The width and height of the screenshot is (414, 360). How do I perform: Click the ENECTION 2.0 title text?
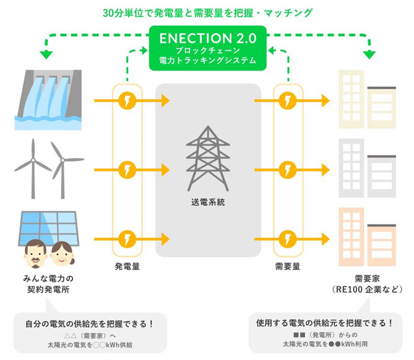tap(208, 39)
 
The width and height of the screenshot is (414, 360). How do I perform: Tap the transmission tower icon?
tap(208, 158)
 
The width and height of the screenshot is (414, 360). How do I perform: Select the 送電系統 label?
tap(208, 202)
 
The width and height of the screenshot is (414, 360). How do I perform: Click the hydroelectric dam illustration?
tap(48, 100)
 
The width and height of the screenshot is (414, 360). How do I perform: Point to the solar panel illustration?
tap(48, 227)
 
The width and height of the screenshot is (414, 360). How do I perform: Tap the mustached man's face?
tap(35, 253)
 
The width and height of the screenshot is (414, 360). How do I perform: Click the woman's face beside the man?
tap(62, 254)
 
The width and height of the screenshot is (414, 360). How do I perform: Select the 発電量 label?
tap(127, 266)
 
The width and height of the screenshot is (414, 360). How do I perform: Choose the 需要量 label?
tap(288, 266)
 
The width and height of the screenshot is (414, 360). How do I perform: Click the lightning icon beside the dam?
tap(127, 100)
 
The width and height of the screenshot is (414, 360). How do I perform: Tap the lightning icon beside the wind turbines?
tap(127, 170)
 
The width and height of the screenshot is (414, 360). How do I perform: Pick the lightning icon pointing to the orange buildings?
tap(288, 239)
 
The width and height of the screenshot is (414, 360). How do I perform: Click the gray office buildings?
tap(367, 168)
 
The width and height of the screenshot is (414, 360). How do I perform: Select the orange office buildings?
tap(367, 237)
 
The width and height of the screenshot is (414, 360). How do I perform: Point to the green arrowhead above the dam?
tap(47, 54)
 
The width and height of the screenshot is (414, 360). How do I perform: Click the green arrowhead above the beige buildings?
tap(369, 54)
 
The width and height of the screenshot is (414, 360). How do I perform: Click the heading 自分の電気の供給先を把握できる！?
tap(90, 324)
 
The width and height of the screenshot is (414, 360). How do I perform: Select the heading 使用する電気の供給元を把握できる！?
tap(325, 323)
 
